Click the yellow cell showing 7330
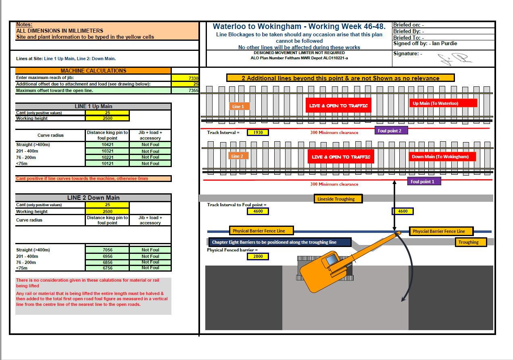pyautogui.click(x=185, y=78)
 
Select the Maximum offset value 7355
pyautogui.click(x=185, y=91)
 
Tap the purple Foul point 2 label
pyautogui.click(x=390, y=131)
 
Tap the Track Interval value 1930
pyautogui.click(x=258, y=132)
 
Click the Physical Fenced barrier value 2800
pyautogui.click(x=258, y=256)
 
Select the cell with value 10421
pyautogui.click(x=107, y=144)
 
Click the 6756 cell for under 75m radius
pyautogui.click(x=107, y=268)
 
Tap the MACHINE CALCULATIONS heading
pyautogui.click(x=93, y=71)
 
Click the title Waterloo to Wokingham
pyautogui.click(x=299, y=27)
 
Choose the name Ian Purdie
pyautogui.click(x=444, y=44)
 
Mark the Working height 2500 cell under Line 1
pyautogui.click(x=107, y=119)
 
